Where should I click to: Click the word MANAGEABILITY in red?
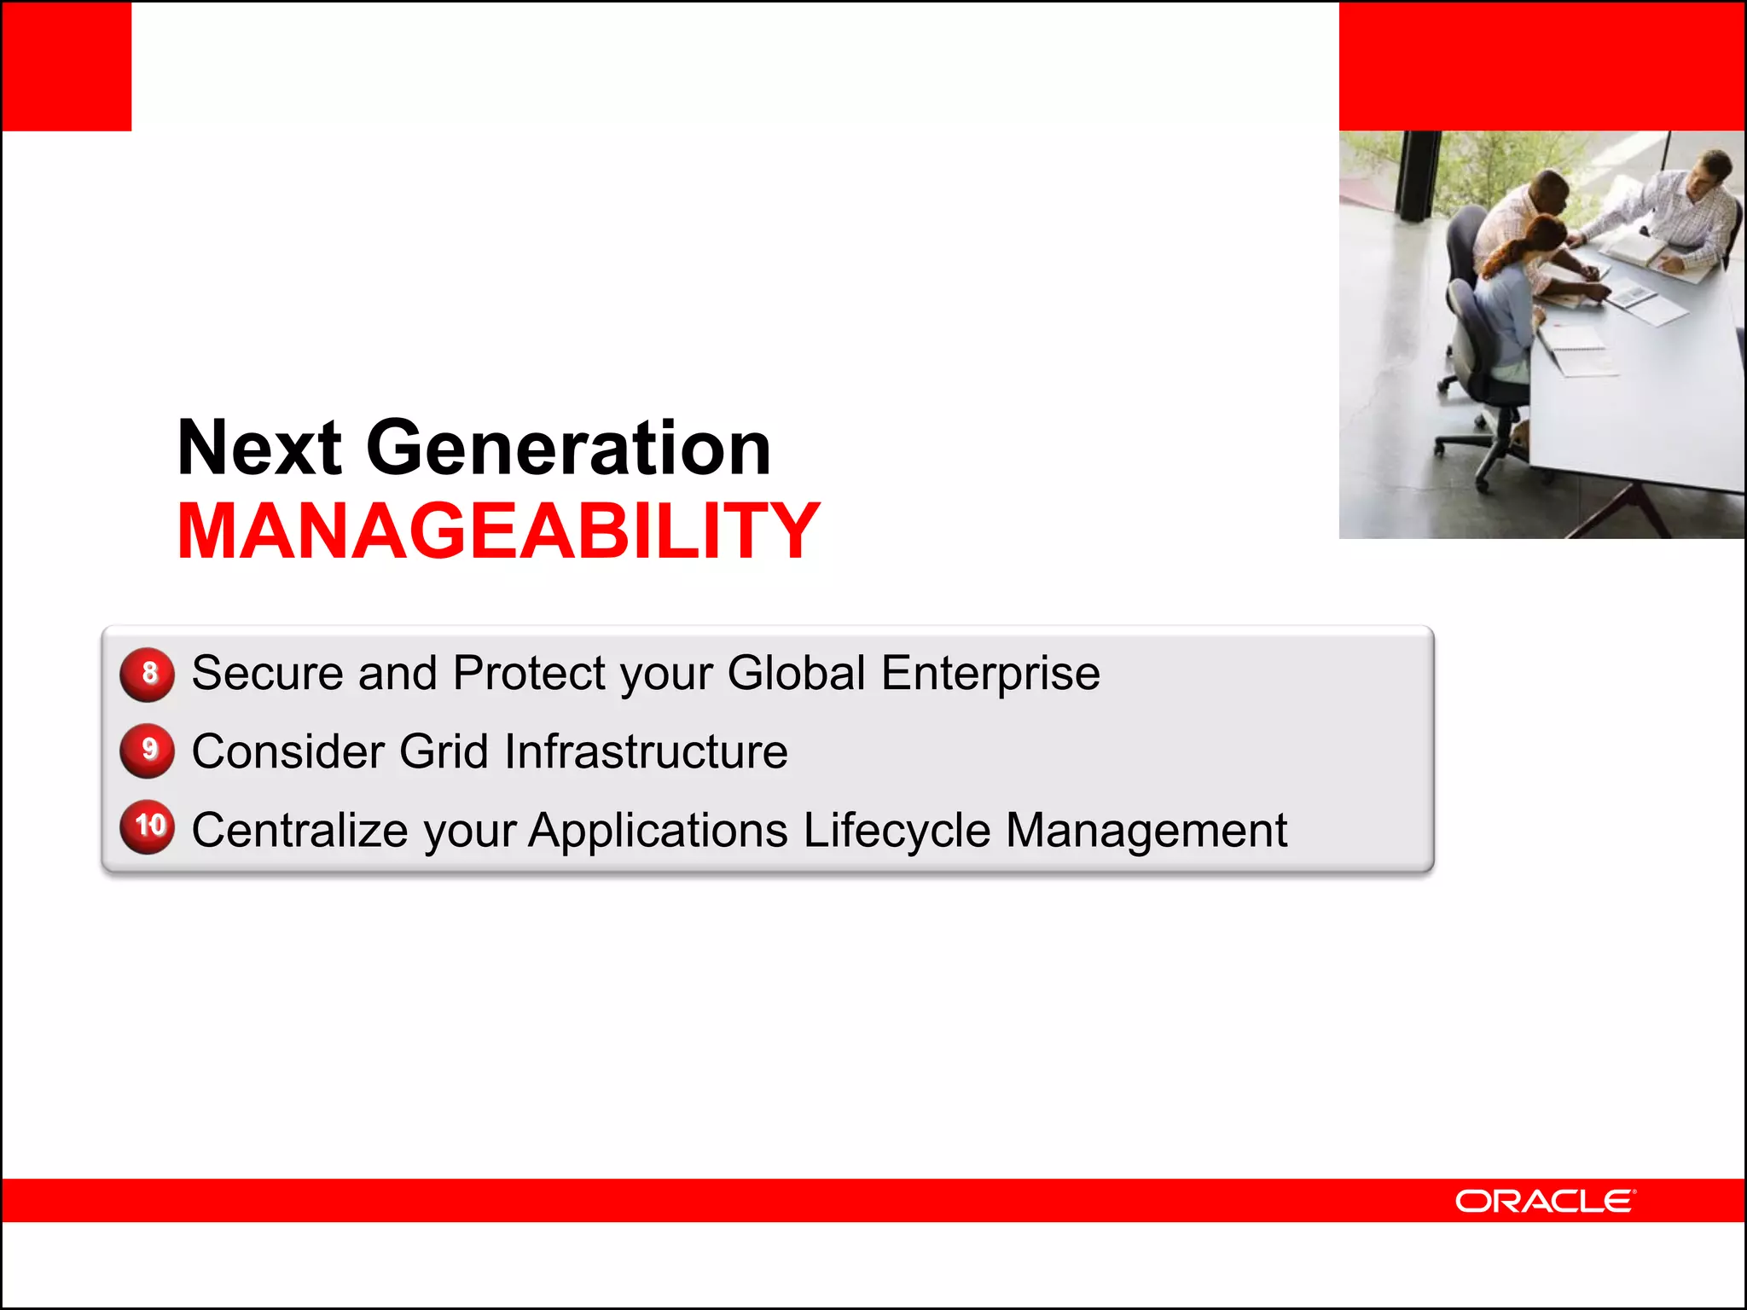click(x=498, y=531)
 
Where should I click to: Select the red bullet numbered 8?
click(x=148, y=674)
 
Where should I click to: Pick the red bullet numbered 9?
click(x=148, y=751)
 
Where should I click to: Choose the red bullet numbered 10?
click(x=148, y=826)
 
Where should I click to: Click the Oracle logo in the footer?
click(x=1545, y=1201)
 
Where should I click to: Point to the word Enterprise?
click(x=990, y=673)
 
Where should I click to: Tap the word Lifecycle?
click(x=896, y=830)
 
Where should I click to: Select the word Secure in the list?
click(x=267, y=673)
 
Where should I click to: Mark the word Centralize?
click(x=299, y=830)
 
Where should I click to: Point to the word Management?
click(x=1146, y=830)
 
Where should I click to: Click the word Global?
click(x=797, y=673)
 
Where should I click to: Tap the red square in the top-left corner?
click(x=67, y=66)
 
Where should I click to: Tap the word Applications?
click(x=658, y=830)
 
